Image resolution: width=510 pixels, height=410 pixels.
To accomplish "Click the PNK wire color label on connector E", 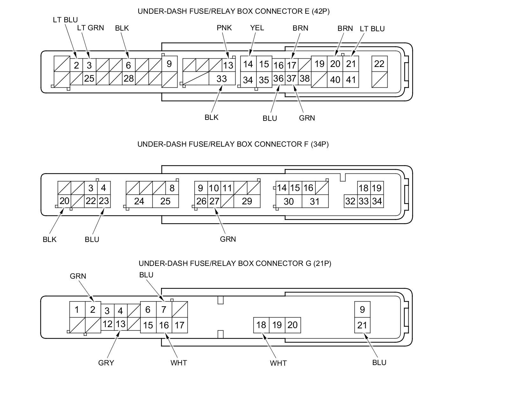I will tap(224, 28).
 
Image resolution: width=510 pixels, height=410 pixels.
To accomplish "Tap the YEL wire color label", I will tap(257, 28).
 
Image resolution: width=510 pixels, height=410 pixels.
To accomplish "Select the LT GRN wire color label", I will tap(91, 28).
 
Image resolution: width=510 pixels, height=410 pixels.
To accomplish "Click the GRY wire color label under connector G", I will tap(106, 362).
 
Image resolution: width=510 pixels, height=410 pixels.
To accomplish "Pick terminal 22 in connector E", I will tap(379, 64).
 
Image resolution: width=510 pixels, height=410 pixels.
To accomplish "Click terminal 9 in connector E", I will tap(169, 64).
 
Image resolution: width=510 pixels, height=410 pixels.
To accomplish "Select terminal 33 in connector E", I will tap(222, 78).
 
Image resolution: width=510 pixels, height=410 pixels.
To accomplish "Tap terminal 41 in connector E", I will tap(351, 79).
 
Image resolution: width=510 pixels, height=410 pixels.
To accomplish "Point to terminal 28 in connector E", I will tap(128, 78).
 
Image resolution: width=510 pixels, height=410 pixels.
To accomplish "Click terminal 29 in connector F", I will tap(247, 201).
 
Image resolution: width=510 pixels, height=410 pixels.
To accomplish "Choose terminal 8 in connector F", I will tap(172, 188).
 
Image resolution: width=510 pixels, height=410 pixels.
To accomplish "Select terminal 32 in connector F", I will tap(350, 201).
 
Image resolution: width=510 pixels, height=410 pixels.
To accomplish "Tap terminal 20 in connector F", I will tap(64, 201).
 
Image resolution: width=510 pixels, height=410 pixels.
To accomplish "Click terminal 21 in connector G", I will tap(362, 325).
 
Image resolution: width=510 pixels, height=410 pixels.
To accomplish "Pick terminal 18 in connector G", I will tap(261, 325).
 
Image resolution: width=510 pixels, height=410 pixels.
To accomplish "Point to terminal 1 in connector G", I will tap(77, 310).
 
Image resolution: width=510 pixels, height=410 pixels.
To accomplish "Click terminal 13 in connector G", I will tap(120, 324).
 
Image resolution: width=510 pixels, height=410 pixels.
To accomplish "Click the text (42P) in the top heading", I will tap(321, 11).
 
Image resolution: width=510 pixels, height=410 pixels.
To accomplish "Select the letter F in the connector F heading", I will tap(307, 144).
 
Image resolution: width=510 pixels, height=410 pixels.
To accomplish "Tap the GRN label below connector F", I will tap(228, 239).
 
